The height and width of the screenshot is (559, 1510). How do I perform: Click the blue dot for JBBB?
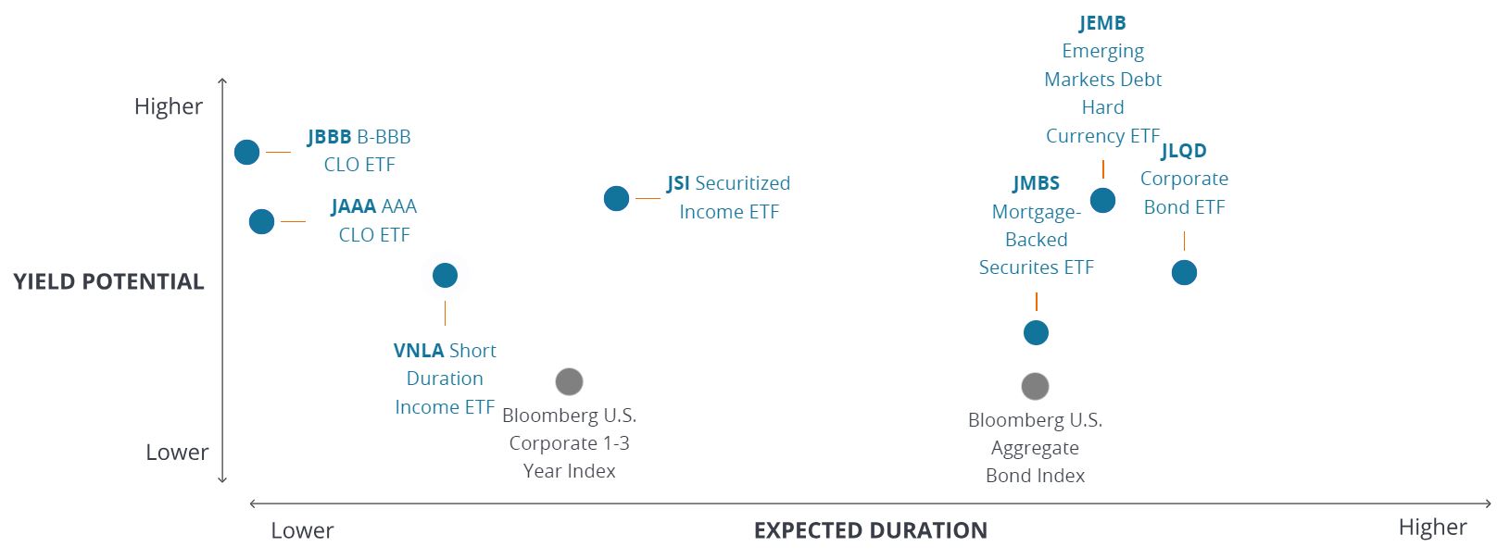tap(246, 152)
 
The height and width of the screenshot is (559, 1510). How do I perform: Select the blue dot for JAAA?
tap(261, 221)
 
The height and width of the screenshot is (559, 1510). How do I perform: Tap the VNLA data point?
tap(445, 275)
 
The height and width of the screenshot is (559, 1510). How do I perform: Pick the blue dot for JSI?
tap(616, 198)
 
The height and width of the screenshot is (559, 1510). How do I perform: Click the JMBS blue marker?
tap(1036, 332)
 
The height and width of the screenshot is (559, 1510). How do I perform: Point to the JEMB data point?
tap(1102, 200)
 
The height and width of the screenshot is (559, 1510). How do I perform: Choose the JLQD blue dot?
tap(1184, 272)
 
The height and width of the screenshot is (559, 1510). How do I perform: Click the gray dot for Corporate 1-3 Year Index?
tap(569, 381)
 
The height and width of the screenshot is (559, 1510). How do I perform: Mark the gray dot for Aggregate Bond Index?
tap(1035, 386)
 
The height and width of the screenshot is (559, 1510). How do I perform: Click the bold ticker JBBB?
tap(329, 137)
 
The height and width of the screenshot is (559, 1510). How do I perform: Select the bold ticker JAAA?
tap(353, 206)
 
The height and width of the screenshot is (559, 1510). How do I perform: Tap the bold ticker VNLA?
tap(418, 351)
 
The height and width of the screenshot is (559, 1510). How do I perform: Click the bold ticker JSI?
tap(678, 183)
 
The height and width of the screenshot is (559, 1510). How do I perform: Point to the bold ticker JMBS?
tap(1036, 183)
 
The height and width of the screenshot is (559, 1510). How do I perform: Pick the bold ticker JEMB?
tap(1102, 23)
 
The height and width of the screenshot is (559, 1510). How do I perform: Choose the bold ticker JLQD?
tap(1184, 151)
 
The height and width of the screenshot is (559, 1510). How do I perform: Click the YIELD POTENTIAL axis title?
tap(108, 281)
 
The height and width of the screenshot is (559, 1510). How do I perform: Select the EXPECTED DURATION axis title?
tap(870, 530)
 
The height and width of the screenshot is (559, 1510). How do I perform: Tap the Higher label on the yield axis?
tap(168, 106)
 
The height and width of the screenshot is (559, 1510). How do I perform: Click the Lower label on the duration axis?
tap(302, 530)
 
